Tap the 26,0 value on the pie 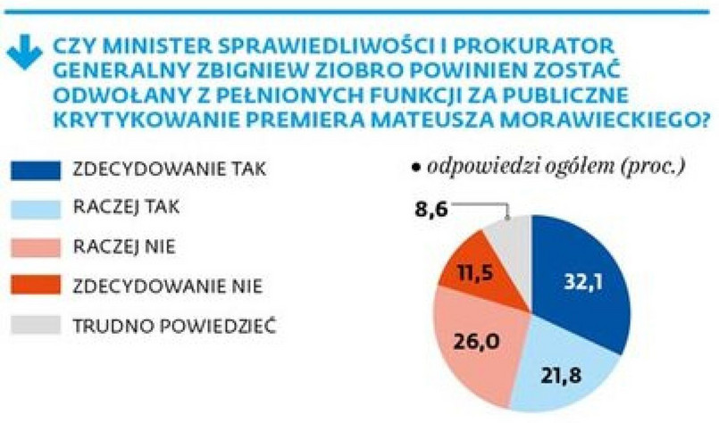click(475, 340)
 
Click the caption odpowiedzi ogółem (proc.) click(553, 167)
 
